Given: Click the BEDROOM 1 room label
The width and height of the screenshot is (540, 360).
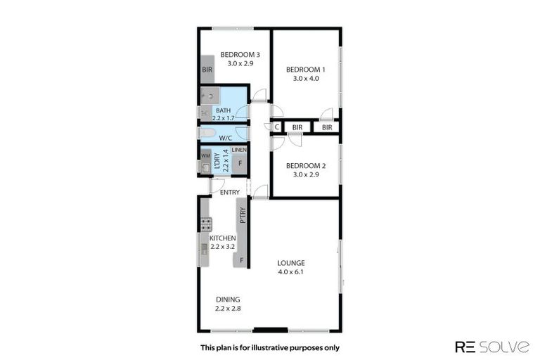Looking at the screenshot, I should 305,69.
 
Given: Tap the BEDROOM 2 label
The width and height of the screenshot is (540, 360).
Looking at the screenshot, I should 305,166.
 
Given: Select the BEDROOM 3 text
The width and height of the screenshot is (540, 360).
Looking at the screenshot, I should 240,55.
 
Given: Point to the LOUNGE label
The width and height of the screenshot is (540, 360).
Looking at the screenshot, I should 290,263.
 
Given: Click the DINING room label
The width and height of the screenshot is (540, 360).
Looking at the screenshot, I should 228,298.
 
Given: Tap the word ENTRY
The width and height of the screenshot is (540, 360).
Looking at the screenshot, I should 230,192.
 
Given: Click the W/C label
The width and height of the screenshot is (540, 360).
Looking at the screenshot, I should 226,138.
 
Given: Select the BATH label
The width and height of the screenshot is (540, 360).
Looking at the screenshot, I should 223,110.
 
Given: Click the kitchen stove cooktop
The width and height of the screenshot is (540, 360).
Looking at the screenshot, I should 206,225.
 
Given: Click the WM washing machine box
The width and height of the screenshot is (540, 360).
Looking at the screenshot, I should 205,155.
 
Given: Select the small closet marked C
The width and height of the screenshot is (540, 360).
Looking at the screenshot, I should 276,127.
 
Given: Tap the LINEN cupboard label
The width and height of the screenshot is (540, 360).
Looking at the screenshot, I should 239,150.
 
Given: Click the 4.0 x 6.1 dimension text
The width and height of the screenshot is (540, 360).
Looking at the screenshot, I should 290,272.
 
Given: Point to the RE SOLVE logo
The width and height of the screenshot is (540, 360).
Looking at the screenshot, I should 491,346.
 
